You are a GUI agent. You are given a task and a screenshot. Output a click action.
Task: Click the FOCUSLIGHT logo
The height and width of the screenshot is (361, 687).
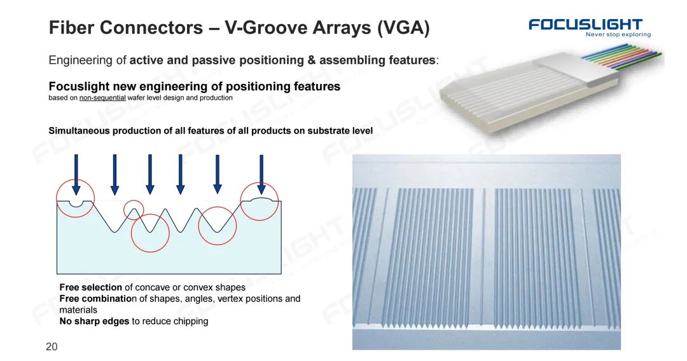point(585,25)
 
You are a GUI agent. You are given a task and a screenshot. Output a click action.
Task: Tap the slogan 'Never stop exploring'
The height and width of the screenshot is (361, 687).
point(618,34)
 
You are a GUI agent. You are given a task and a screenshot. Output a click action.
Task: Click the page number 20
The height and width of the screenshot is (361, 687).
point(52,347)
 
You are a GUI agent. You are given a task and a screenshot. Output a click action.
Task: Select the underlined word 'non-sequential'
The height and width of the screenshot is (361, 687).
point(102,98)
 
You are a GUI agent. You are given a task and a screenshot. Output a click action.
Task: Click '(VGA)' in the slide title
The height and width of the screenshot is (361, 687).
point(403,27)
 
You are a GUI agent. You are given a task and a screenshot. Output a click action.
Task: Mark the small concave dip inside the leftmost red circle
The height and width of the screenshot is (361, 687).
point(76,205)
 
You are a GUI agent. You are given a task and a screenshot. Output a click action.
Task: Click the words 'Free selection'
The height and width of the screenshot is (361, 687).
point(91,287)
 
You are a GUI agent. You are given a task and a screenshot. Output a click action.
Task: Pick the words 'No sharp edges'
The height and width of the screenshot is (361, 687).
point(94,321)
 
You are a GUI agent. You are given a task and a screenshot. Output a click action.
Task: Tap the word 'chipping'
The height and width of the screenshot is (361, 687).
point(191,322)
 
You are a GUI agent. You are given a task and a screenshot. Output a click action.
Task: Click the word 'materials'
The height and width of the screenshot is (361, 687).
point(78,310)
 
